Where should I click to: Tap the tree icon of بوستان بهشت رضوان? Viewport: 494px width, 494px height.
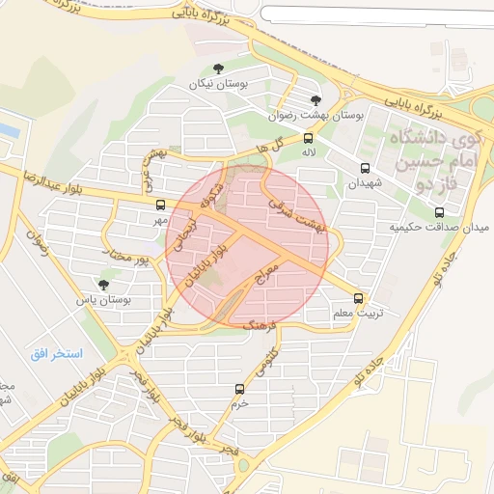(x=315, y=99)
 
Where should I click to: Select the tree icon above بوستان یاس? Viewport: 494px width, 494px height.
(x=104, y=284)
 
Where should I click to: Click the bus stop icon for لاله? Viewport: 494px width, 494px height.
(x=308, y=138)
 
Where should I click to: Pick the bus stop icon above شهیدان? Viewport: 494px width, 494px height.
(x=364, y=168)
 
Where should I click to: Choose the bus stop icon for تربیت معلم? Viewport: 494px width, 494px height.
(x=359, y=299)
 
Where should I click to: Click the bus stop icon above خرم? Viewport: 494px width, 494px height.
(x=239, y=389)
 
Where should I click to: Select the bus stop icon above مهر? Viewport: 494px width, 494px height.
(x=160, y=205)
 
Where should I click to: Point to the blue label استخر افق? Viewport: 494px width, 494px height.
(x=55, y=354)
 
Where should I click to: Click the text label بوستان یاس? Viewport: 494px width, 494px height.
(x=103, y=300)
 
